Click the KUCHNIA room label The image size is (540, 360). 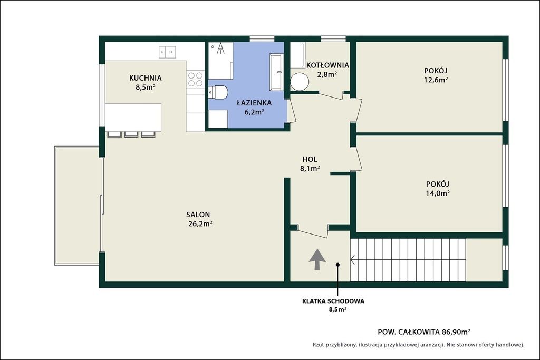click(x=146, y=78)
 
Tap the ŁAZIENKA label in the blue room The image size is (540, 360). click(x=254, y=103)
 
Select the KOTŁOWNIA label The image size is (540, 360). click(x=327, y=65)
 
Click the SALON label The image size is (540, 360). click(x=198, y=215)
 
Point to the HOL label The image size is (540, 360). click(x=310, y=159)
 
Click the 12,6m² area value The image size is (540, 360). click(x=436, y=80)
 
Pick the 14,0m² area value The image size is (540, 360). click(x=438, y=193)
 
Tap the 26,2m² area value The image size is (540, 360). click(x=200, y=223)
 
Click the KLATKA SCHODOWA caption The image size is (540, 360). click(x=333, y=301)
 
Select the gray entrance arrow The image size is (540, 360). click(x=317, y=260)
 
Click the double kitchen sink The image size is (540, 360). click(x=167, y=52)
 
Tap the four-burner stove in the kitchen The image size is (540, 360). click(x=195, y=79)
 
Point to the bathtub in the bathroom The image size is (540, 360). click(x=276, y=72)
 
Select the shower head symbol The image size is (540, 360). click(x=220, y=48)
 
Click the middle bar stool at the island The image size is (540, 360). click(x=131, y=134)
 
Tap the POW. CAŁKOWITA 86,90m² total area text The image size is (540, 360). click(x=424, y=332)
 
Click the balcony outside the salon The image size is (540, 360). click(x=77, y=206)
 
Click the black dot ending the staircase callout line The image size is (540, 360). click(x=338, y=265)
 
